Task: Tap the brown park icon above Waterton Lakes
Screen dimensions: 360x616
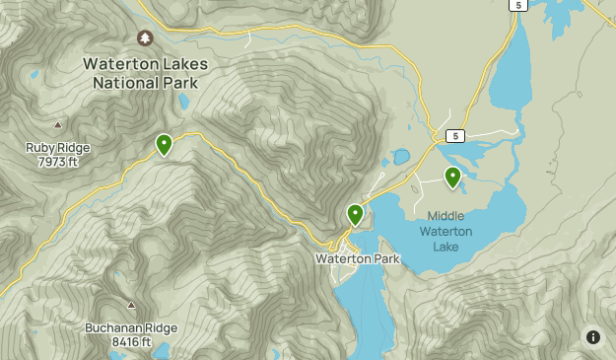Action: point(145,38)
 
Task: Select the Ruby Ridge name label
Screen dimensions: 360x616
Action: point(57,148)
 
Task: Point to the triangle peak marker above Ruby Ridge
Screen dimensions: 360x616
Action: point(57,125)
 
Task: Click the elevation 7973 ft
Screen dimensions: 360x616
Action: point(57,161)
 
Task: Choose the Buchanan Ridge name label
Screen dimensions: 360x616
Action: point(131,328)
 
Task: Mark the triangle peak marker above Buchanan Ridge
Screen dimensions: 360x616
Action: point(131,305)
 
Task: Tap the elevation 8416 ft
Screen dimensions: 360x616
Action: point(131,342)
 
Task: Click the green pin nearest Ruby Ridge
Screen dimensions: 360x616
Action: point(164,145)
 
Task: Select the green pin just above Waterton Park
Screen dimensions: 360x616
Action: point(355,214)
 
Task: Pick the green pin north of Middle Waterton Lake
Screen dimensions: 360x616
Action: point(452,178)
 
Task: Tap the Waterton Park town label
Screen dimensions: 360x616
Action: point(358,258)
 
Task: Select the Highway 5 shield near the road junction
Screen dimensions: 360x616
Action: point(454,134)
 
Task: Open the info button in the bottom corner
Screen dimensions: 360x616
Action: point(592,337)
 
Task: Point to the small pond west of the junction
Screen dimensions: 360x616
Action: point(401,157)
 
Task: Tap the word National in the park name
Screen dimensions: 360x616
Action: point(126,84)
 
